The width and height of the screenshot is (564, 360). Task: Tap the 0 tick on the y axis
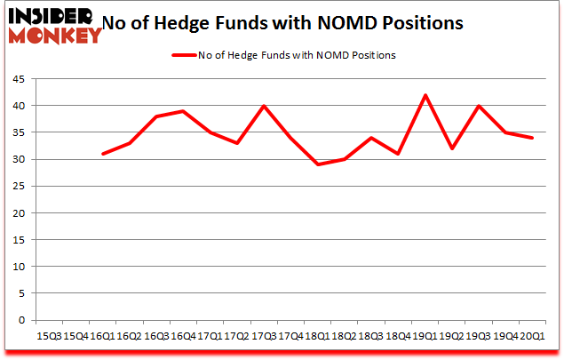(x=21, y=320)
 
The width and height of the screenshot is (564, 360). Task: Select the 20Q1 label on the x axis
(x=533, y=335)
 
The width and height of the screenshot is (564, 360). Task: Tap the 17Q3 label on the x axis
(x=263, y=335)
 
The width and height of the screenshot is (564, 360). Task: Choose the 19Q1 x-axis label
(x=425, y=335)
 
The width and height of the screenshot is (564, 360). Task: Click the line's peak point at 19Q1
(x=425, y=95)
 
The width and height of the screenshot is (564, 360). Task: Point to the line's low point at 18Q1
(x=317, y=164)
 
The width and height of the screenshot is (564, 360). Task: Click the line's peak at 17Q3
(x=264, y=106)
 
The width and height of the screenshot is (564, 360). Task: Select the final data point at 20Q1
(x=533, y=138)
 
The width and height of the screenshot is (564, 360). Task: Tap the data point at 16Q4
(x=182, y=111)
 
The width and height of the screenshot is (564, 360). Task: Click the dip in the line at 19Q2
(x=452, y=148)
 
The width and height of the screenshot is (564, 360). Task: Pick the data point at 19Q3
(x=480, y=106)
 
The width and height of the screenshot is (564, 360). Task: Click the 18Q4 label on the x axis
(x=398, y=335)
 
